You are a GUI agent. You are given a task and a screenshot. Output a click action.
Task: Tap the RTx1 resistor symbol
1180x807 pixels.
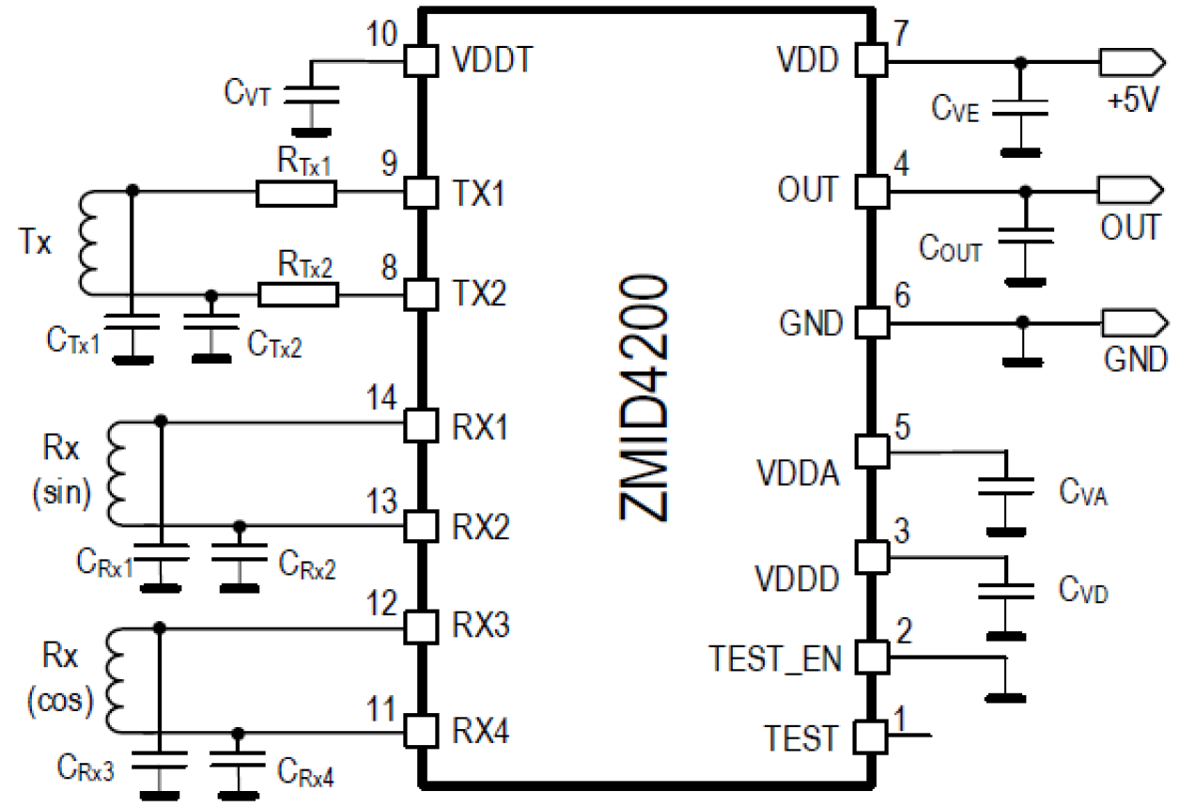tap(296, 194)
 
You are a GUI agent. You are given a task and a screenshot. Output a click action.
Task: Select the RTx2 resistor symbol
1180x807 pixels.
tap(298, 295)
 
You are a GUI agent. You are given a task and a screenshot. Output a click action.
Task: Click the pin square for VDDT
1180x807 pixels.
tap(419, 62)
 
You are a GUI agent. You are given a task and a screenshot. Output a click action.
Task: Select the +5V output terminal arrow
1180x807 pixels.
tap(1127, 62)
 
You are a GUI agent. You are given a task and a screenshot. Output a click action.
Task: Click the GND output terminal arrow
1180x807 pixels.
tap(1127, 323)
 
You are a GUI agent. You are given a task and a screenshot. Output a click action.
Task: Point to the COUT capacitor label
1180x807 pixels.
tap(951, 250)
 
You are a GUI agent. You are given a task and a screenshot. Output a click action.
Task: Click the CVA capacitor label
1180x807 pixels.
tap(1083, 491)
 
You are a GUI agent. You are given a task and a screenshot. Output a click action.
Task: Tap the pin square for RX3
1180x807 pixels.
tap(419, 625)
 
